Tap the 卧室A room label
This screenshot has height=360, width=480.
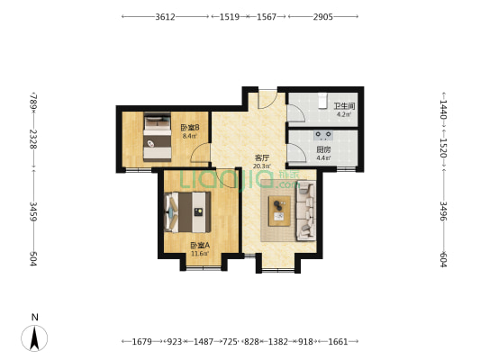point(199,245)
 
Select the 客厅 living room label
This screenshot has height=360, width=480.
point(261,157)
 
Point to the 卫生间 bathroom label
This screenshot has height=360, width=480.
point(345,106)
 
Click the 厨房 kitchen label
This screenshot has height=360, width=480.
point(322,150)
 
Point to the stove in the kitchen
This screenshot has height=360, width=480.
point(322,136)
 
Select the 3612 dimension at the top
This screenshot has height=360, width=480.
point(165,17)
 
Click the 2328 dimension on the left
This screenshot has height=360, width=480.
point(33,139)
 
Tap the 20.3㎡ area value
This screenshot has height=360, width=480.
point(261,166)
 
